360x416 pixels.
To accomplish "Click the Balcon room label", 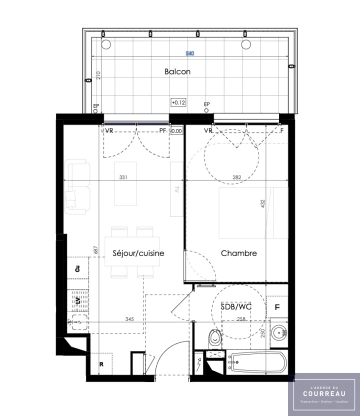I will click(179, 73).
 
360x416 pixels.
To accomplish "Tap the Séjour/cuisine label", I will click(138, 254).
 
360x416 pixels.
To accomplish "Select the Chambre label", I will click(239, 254).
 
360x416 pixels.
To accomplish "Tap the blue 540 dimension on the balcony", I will click(189, 53).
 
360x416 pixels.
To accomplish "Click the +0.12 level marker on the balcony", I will click(178, 102).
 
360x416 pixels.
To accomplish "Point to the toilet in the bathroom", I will click(213, 336).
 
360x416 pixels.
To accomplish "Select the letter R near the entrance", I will click(102, 365).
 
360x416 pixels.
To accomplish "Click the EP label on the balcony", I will click(207, 104).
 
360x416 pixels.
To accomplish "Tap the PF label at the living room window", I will click(162, 130).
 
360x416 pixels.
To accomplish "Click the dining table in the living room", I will click(125, 213).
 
